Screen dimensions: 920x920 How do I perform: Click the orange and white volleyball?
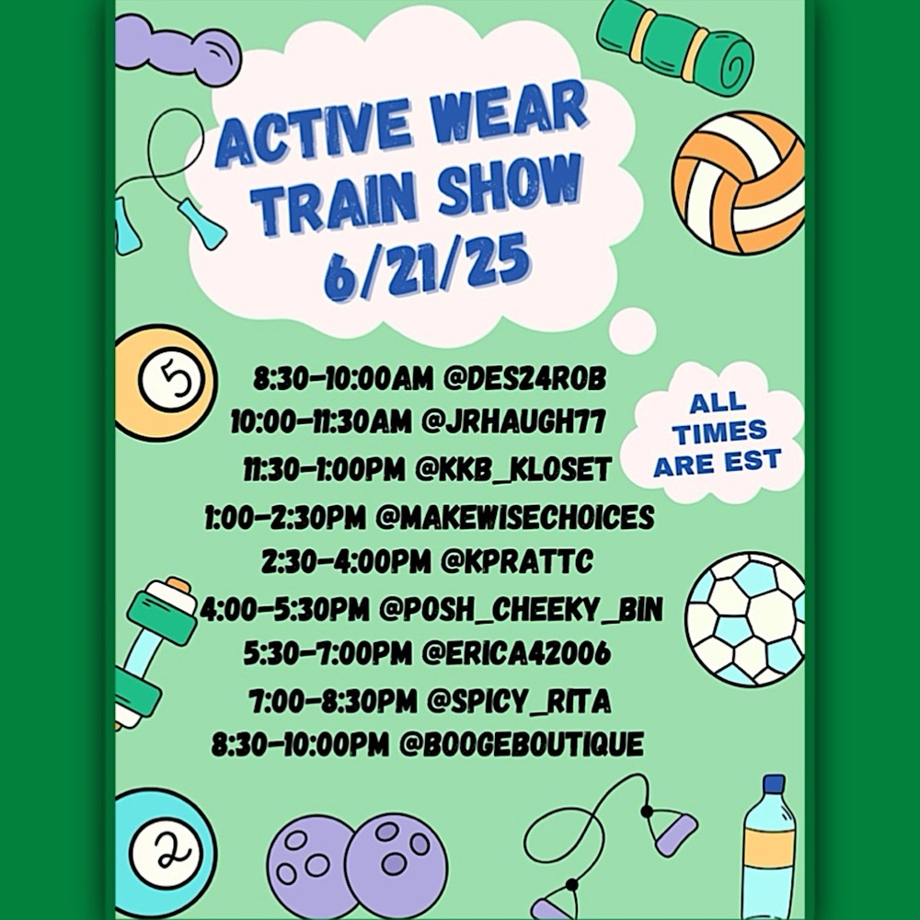tap(739, 181)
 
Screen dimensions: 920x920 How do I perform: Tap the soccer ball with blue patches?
tap(746, 617)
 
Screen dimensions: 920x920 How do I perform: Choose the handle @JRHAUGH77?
tap(512, 423)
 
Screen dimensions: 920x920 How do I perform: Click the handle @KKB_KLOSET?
tap(513, 470)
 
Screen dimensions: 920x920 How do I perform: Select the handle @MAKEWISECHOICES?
tap(515, 518)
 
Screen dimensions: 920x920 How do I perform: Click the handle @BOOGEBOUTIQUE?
tap(520, 744)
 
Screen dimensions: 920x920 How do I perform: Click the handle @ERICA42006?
tap(515, 654)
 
